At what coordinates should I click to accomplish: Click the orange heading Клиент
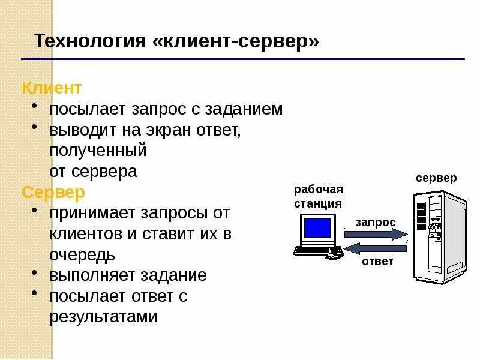(x=52, y=88)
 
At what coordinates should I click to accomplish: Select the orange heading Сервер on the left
(x=53, y=193)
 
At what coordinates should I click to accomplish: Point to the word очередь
(x=82, y=254)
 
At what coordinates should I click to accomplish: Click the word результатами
(x=103, y=317)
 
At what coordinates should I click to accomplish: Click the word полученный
(x=98, y=151)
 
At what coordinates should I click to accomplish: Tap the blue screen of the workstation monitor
(x=317, y=228)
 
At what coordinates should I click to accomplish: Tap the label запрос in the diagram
(x=376, y=222)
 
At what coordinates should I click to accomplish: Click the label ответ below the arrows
(x=377, y=262)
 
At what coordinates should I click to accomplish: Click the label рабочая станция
(x=318, y=196)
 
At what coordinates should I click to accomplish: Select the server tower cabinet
(x=439, y=236)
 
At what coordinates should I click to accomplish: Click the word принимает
(x=94, y=213)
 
